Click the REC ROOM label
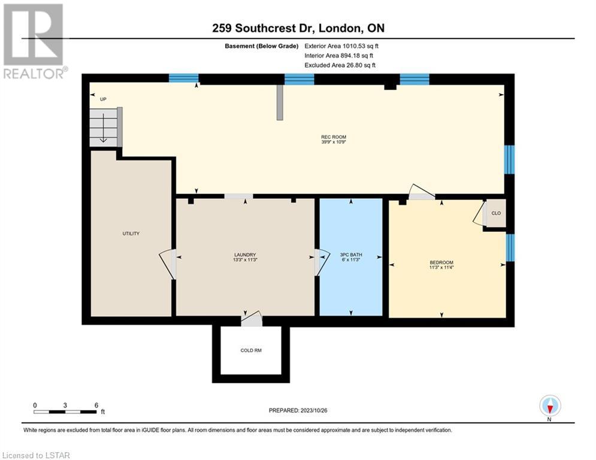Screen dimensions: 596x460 coord(334,137)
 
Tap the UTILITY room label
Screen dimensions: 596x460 coord(131,234)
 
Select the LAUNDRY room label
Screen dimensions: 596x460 coord(245,255)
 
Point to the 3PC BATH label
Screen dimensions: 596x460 coord(351,255)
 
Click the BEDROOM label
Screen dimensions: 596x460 coord(441,262)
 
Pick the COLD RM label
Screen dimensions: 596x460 coord(251,350)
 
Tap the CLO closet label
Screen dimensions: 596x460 coord(496,213)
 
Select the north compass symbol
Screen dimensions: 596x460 coord(550,407)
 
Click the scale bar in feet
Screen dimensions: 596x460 coord(65,411)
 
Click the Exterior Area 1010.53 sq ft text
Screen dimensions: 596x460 coord(341,46)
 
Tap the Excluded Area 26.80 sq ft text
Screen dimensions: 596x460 coord(340,65)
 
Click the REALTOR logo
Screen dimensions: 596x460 coord(35,41)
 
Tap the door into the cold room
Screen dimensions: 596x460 coord(252,319)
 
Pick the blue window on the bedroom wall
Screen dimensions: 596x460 coord(510,247)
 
